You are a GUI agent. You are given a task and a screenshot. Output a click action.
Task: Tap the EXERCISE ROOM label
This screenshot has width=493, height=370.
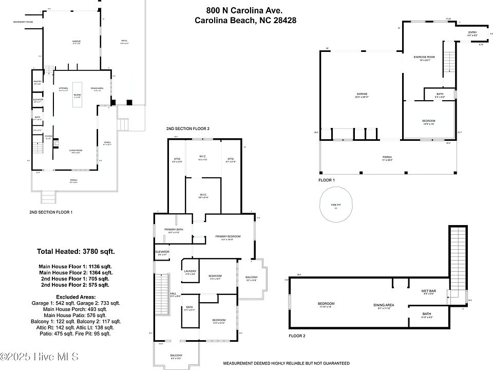click(424, 57)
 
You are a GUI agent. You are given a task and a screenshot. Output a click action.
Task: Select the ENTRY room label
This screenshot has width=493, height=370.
click(472, 33)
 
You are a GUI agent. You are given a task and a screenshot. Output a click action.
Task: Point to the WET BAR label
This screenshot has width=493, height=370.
click(428, 291)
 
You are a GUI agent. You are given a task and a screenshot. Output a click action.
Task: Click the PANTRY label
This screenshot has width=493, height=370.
click(37, 81)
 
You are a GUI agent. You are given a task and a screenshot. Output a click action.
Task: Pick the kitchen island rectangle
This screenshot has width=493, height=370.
click(78, 95)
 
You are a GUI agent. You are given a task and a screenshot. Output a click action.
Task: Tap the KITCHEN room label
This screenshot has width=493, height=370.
click(63, 88)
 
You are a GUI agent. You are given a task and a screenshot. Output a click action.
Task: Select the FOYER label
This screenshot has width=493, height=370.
click(48, 136)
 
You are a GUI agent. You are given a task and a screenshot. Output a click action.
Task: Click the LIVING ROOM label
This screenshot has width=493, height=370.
click(76, 150)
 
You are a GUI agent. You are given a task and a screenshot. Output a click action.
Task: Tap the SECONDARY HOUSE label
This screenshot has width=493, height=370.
click(23, 22)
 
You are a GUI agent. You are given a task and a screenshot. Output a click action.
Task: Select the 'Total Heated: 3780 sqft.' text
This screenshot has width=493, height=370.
click(75, 251)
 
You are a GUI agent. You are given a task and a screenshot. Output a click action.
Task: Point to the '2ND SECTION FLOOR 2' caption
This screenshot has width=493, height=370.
click(187, 128)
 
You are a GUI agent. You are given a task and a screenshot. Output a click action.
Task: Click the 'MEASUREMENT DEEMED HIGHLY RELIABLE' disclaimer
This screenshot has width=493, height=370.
click(286, 363)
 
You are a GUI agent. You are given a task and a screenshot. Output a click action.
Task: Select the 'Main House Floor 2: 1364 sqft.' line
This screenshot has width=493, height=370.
click(75, 272)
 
